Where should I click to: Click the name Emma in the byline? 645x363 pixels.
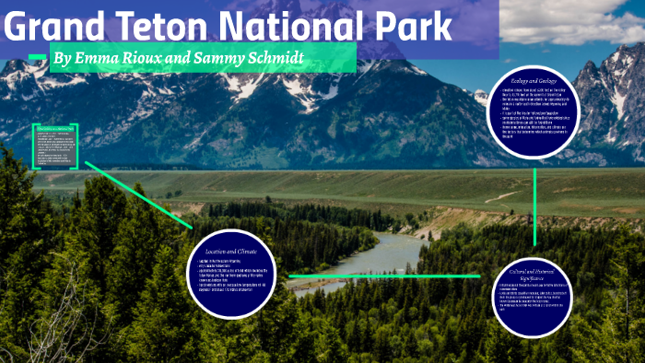pyautogui.click(x=105, y=60)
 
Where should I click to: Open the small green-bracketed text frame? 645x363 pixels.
pyautogui.click(x=56, y=147)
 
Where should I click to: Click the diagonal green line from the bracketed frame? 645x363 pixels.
pyautogui.click(x=138, y=194)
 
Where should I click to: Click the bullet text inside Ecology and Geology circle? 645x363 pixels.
pyautogui.click(x=534, y=115)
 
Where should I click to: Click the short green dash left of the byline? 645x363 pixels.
pyautogui.click(x=37, y=58)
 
